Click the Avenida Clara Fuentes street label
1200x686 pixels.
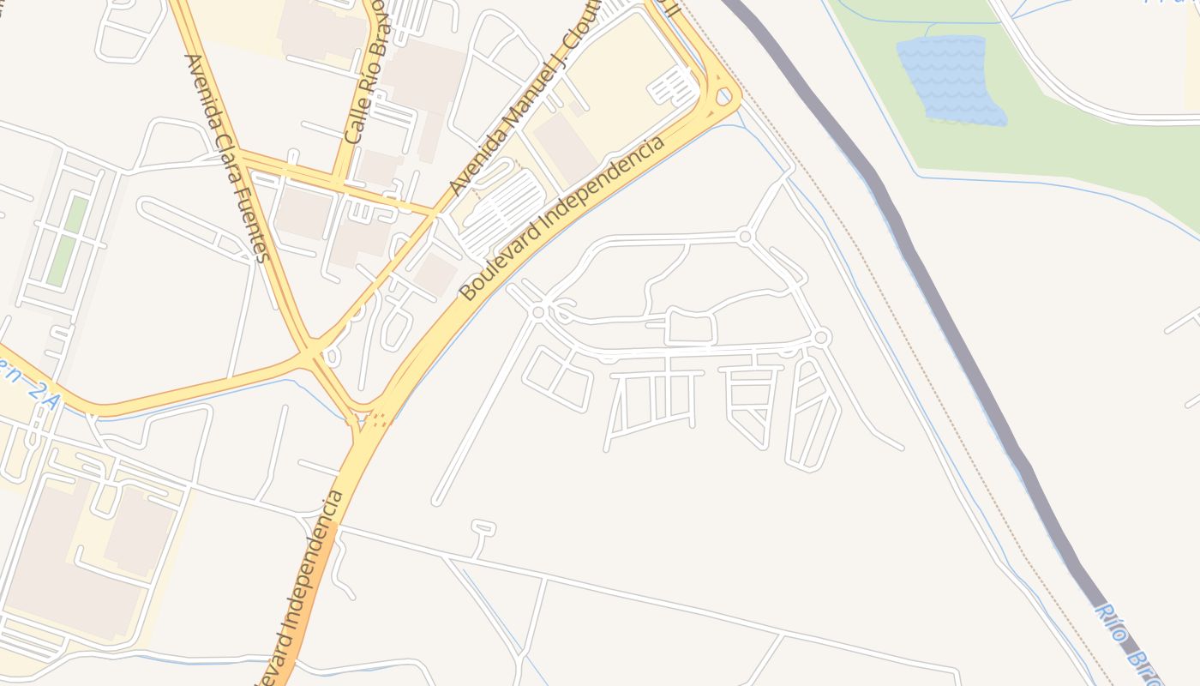click(228, 159)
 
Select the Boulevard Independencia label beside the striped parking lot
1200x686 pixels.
click(562, 218)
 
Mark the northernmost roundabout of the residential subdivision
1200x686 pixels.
click(745, 236)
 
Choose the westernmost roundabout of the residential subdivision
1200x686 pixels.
click(538, 312)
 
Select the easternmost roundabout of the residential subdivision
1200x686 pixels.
click(821, 338)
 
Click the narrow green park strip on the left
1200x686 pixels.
click(68, 241)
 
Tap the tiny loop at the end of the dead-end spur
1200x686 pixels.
click(483, 526)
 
